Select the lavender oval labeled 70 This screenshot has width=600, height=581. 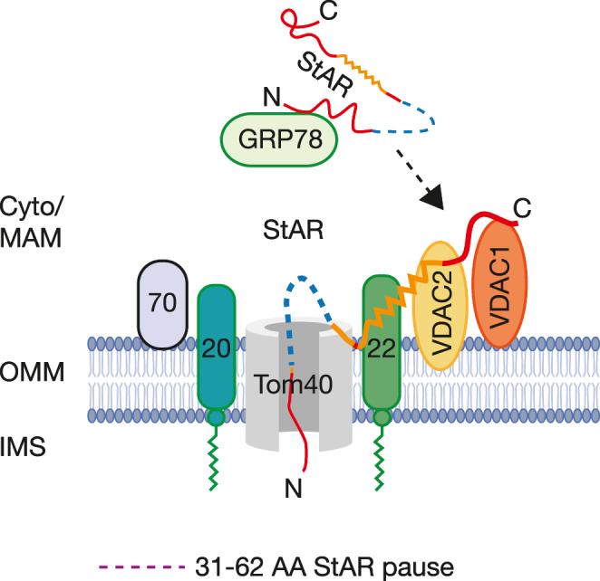coord(161,304)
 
